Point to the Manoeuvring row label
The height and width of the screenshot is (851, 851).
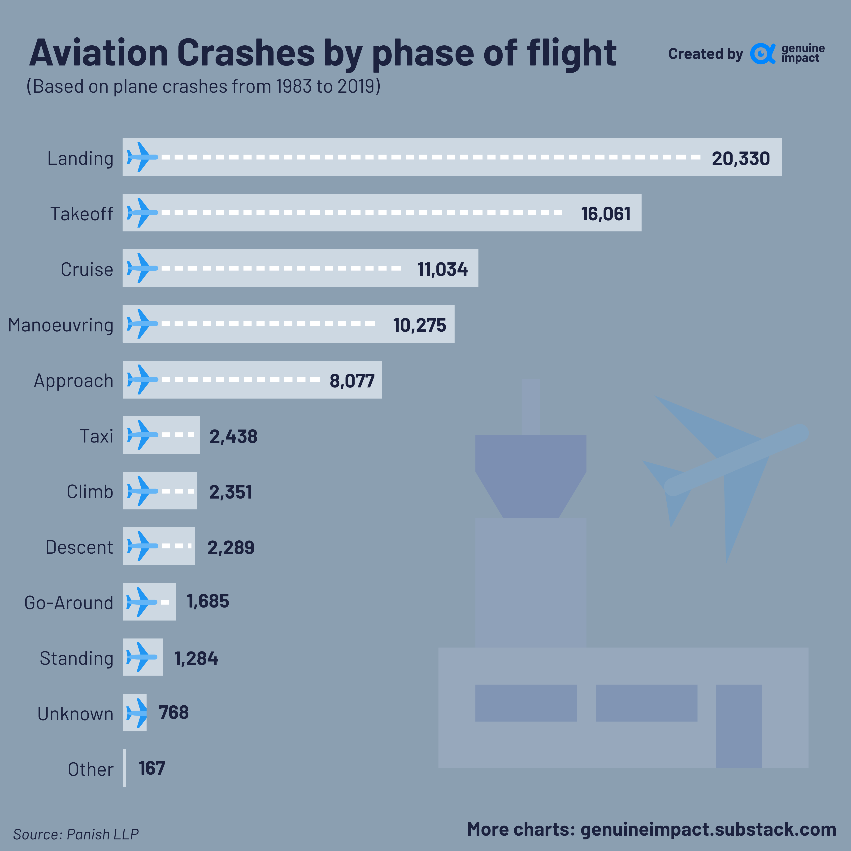click(x=61, y=325)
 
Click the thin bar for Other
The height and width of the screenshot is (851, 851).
click(x=124, y=768)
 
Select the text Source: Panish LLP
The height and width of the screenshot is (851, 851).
click(x=76, y=834)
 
